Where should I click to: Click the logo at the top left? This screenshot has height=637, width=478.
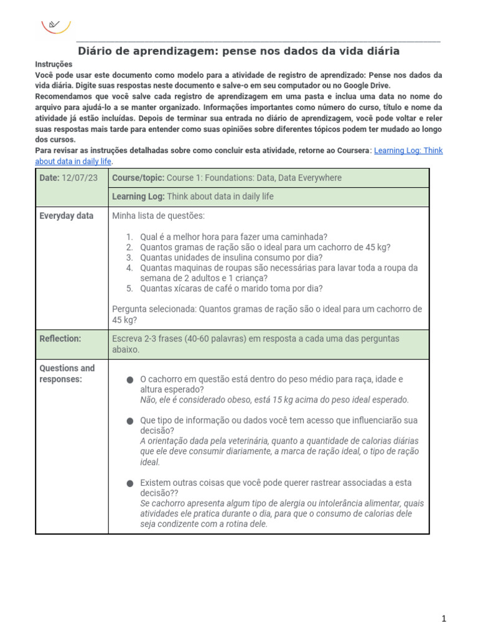point(55,25)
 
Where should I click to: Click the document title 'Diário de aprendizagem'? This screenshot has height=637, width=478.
point(238,51)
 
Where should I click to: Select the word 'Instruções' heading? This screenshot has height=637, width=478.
point(54,64)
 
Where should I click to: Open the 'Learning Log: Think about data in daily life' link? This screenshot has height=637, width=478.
point(408,151)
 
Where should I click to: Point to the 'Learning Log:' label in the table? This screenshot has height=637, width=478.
point(138,197)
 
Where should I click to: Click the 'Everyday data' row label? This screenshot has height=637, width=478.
point(67,216)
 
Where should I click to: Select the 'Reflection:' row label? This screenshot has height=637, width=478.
point(60,339)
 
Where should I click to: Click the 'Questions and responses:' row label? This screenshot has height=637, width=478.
point(67,374)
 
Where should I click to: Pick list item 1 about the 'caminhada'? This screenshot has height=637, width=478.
point(233,237)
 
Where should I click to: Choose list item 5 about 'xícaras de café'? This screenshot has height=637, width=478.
point(232,288)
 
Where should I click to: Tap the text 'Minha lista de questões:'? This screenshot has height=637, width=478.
point(158,216)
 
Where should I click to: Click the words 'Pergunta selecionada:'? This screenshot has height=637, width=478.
point(154,309)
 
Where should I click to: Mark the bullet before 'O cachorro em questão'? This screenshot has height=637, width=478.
point(129,379)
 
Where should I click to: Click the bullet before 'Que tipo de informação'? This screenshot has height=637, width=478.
point(129,421)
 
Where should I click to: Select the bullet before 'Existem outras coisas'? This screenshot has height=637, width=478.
point(129,483)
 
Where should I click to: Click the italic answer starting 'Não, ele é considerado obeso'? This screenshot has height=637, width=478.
point(274,399)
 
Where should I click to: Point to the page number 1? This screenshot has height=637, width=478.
point(444,618)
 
